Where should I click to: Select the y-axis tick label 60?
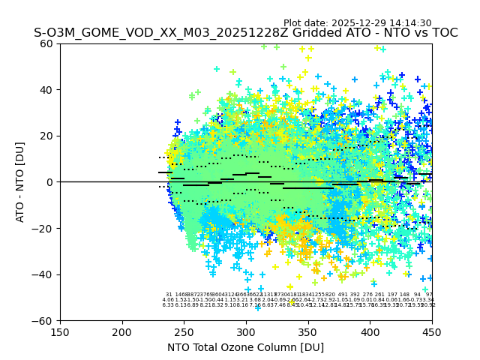(x=46, y=43)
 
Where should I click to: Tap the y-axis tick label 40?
(x=46, y=90)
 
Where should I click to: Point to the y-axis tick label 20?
(x=46, y=136)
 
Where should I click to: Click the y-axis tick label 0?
(x=49, y=182)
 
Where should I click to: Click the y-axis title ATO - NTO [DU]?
(x=20, y=182)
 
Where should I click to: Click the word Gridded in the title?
(x=294, y=33)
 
